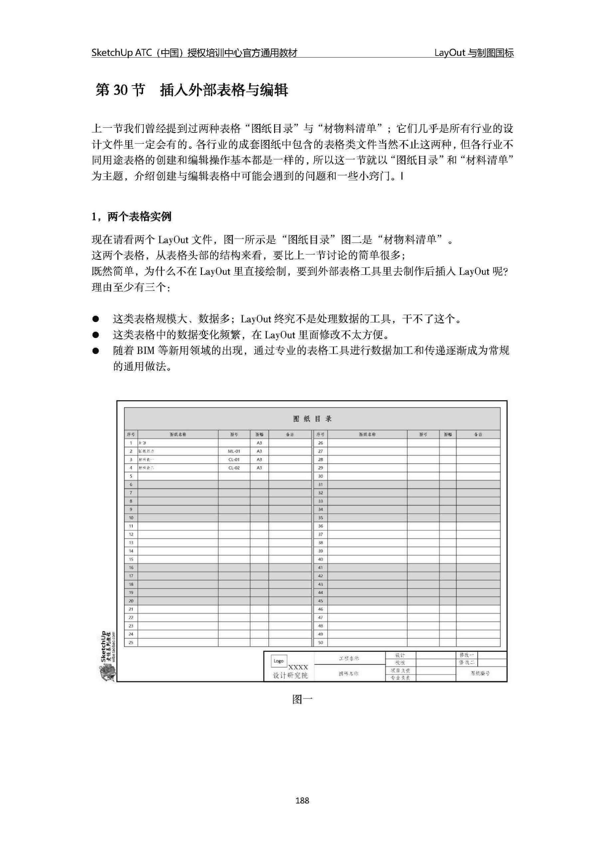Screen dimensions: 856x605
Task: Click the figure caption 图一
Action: pyautogui.click(x=302, y=700)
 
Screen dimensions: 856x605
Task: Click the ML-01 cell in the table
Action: pyautogui.click(x=234, y=451)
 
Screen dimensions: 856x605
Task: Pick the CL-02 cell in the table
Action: pyautogui.click(x=234, y=467)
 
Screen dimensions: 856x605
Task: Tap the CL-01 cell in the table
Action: pyautogui.click(x=234, y=459)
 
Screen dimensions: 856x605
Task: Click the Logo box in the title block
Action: pyautogui.click(x=278, y=661)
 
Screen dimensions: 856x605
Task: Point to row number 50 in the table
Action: pyautogui.click(x=320, y=642)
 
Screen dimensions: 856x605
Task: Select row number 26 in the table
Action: pyautogui.click(x=320, y=443)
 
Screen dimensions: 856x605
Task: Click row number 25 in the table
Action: pyautogui.click(x=131, y=642)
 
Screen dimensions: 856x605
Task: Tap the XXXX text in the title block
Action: pyautogui.click(x=298, y=667)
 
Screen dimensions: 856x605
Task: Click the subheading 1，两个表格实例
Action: pyautogui.click(x=131, y=217)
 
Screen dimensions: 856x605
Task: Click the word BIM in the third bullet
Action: pyautogui.click(x=145, y=351)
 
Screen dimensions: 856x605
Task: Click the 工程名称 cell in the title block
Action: pyautogui.click(x=349, y=658)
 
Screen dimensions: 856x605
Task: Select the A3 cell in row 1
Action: pyautogui.click(x=259, y=443)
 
